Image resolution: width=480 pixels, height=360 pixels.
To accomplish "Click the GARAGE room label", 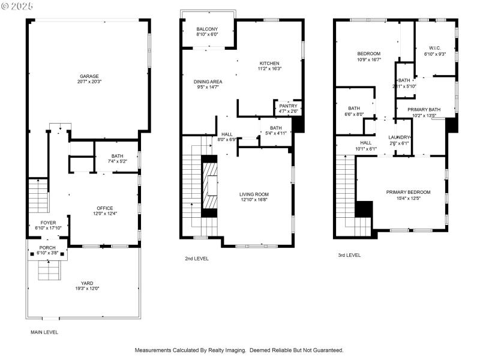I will point(89,76).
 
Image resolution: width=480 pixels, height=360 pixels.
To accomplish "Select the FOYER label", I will point(48,223).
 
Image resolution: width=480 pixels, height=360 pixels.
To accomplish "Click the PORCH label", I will point(47,248).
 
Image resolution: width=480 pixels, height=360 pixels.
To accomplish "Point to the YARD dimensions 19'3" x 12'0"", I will point(88,289).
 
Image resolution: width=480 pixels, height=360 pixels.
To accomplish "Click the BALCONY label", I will point(207,29).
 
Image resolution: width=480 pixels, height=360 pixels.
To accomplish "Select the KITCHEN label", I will point(269,64).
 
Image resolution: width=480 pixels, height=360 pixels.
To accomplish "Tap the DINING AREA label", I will point(208,82).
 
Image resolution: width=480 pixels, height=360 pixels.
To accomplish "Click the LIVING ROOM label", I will point(254,194).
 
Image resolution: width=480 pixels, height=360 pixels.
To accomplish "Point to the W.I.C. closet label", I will point(434,48).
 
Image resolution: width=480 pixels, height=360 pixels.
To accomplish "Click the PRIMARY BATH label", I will point(424,109).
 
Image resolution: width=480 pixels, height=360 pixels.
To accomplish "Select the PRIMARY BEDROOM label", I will point(408,192).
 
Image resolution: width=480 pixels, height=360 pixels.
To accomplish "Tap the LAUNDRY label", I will point(399,137).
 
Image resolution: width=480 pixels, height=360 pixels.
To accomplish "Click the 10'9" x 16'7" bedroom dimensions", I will point(369,59).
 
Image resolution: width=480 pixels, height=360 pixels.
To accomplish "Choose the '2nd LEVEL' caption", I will point(197,259).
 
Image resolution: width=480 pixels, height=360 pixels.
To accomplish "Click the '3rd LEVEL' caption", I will point(349,255).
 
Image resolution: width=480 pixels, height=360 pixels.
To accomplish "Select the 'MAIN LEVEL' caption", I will point(44,332).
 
